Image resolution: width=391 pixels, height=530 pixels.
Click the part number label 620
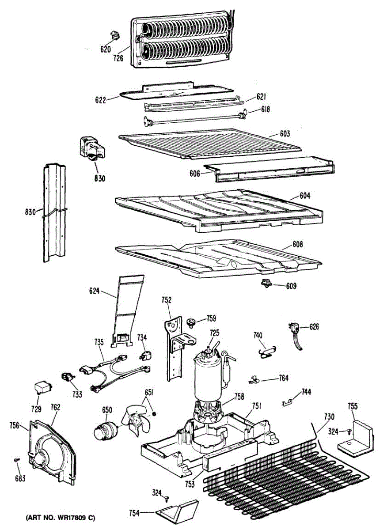(105, 49)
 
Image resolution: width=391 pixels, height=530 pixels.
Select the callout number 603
(285, 133)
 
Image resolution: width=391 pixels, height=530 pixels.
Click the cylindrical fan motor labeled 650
(106, 430)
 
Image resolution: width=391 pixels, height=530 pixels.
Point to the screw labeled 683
(17, 461)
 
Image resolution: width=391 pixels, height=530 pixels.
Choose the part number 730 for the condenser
(329, 416)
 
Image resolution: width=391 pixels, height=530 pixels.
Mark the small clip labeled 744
(288, 401)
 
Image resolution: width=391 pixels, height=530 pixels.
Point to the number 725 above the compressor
(214, 332)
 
